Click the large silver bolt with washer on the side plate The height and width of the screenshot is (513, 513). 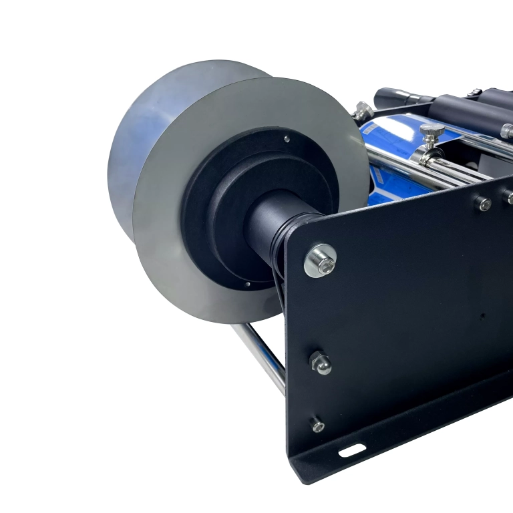(x=320, y=261)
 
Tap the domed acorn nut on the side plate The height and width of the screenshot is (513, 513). (x=321, y=363)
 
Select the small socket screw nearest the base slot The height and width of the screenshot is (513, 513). (x=318, y=425)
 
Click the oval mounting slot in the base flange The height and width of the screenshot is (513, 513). (x=351, y=450)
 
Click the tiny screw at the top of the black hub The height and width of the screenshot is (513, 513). (x=287, y=139)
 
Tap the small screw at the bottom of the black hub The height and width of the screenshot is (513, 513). (x=246, y=283)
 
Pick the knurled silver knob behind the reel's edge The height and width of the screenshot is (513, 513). (x=363, y=110)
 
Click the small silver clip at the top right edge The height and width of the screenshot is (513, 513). (x=474, y=92)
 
